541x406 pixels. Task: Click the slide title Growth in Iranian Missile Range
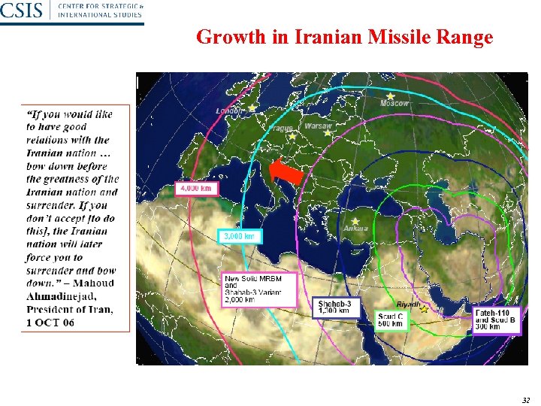pos(344,37)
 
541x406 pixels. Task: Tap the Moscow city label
pos(394,103)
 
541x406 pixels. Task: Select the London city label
pos(230,111)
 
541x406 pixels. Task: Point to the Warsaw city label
pos(319,126)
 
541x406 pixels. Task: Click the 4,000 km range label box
pos(198,188)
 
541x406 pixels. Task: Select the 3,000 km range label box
pos(240,236)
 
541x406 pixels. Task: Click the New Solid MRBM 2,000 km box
pos(259,289)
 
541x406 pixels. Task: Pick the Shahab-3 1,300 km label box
pos(337,307)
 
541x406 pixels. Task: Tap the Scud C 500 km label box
pos(391,321)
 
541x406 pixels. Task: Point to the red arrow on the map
pos(287,172)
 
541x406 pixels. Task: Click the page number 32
pos(525,400)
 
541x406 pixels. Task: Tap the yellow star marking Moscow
pos(391,95)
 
